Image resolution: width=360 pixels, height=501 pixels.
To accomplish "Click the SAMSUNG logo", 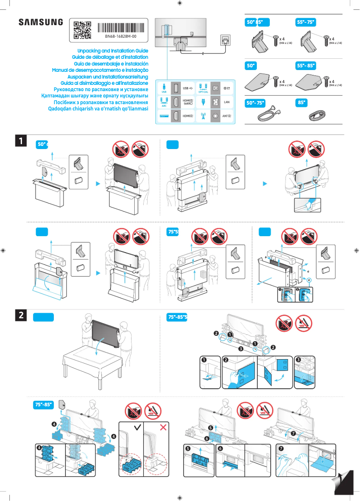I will click(x=40, y=22).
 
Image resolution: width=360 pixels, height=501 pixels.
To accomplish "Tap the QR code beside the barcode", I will click(x=82, y=29).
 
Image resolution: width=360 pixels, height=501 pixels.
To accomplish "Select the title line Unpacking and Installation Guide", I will click(x=113, y=51).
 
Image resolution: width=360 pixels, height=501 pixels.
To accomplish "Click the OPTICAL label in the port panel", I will click(x=203, y=92).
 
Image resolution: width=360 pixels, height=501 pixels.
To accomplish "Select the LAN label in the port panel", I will click(x=227, y=102).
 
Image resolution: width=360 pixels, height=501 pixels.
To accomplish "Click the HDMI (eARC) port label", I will click(x=188, y=102).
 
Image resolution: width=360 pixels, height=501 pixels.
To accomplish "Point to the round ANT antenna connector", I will click(x=216, y=116).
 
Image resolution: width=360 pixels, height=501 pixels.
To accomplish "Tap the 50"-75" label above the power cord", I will click(x=257, y=103).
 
